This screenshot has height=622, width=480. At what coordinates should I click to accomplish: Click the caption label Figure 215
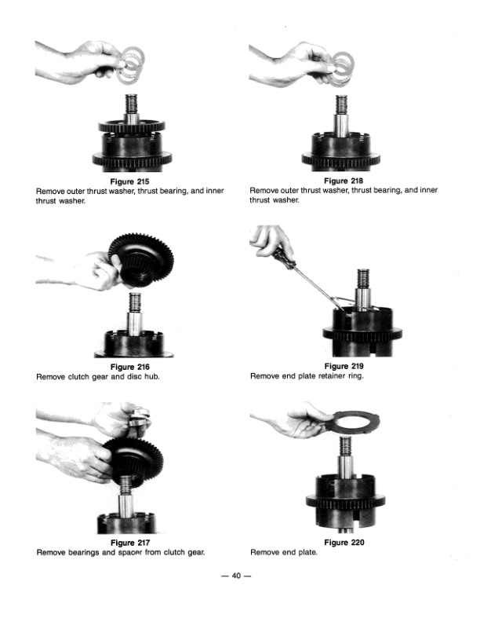tap(129, 181)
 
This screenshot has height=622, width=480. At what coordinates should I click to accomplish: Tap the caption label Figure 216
tap(130, 367)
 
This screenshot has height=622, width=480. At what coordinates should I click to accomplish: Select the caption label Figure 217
tap(130, 543)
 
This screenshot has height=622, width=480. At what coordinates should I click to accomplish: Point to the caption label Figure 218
tap(344, 181)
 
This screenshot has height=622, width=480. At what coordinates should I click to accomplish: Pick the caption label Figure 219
tap(344, 366)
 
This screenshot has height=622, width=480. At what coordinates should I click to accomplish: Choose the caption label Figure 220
tap(344, 542)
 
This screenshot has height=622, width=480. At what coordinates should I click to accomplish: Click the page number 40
tap(236, 576)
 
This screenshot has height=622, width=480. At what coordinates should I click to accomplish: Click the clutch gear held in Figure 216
tap(141, 260)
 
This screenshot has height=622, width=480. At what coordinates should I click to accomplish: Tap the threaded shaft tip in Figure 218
tap(341, 104)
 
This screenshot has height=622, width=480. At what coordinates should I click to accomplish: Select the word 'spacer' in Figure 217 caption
tap(131, 552)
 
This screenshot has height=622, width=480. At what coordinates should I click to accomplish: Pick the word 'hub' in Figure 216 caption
tap(152, 376)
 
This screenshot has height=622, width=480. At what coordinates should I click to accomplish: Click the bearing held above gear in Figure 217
tap(140, 418)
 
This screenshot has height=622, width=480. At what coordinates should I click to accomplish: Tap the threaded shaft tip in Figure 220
tap(345, 446)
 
